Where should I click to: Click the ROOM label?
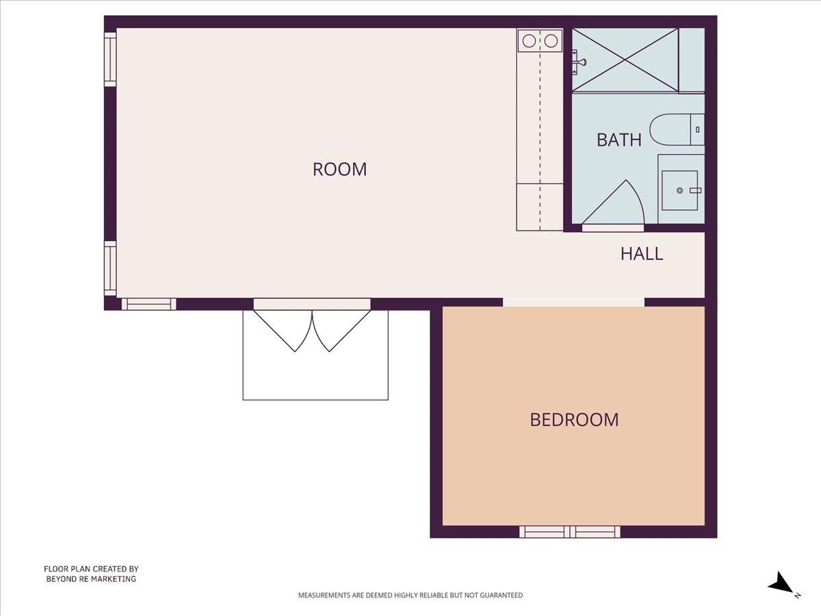point(339,169)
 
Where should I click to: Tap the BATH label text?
point(618,140)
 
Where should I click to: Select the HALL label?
point(641,254)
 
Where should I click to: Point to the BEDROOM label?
point(574,420)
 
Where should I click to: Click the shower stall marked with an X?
point(625,60)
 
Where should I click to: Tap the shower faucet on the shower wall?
point(579,62)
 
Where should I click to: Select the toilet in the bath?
point(676,130)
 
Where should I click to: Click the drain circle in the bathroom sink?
point(679,190)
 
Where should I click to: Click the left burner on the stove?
point(529,41)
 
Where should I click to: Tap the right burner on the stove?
point(551,41)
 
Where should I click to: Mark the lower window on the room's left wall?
point(110,268)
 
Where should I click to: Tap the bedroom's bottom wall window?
point(569,531)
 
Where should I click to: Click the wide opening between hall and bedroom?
point(573,302)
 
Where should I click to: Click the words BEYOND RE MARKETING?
point(91,579)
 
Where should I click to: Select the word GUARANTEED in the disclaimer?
point(499,595)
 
